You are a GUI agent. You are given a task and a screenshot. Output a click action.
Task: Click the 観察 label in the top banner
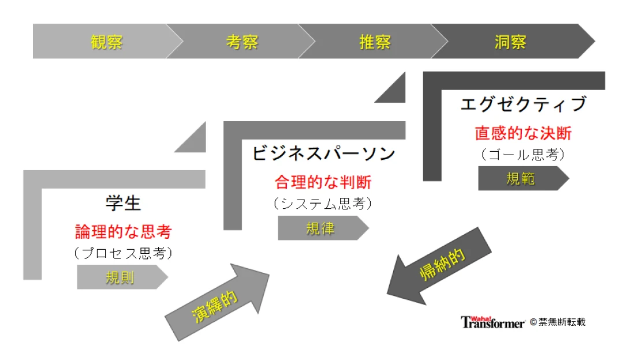106,42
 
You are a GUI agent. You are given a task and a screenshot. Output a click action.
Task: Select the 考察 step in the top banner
242,42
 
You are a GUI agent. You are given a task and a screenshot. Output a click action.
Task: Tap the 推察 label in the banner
375,42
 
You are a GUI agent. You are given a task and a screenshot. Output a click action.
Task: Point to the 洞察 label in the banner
510,42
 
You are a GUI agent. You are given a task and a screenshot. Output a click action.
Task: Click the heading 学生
123,203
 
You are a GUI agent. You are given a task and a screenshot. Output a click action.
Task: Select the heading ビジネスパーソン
323,153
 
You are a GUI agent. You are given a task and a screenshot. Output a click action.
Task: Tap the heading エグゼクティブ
524,104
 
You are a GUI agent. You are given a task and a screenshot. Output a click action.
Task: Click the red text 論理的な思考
123,232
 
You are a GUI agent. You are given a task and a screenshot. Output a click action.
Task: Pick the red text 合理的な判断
323,182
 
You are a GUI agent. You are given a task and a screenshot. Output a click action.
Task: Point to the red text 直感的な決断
523,133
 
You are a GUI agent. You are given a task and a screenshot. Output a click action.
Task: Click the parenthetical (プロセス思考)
123,253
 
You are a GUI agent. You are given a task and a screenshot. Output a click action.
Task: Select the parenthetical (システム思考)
323,204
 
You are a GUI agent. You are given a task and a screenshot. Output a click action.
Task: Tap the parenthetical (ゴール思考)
523,155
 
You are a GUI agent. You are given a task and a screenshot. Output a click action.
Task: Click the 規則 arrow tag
122,277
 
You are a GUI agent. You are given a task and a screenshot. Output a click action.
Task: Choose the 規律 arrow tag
323,228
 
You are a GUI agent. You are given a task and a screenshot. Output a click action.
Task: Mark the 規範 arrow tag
524,178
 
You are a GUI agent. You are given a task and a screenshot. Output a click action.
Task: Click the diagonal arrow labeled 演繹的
217,302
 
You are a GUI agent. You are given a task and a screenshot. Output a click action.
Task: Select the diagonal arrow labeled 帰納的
439,266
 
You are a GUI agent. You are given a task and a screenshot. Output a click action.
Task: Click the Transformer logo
492,322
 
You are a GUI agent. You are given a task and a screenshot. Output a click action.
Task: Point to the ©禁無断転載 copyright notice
557,322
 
